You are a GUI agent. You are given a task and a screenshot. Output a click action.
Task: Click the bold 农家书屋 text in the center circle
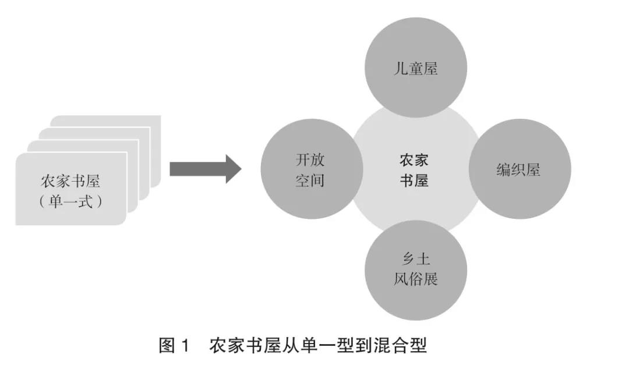(414, 170)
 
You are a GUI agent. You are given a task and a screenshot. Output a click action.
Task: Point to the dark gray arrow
(198, 169)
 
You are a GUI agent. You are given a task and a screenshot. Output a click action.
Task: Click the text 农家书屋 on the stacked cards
(70, 180)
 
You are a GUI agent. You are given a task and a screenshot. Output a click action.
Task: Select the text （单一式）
(70, 201)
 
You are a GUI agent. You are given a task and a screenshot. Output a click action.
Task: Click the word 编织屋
(518, 169)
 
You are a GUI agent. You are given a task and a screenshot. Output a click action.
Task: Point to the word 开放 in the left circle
(309, 160)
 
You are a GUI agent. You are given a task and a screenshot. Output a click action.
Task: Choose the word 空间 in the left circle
(309, 180)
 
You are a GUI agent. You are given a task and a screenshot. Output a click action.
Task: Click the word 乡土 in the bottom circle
(415, 258)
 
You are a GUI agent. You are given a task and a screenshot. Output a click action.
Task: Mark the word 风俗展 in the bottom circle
(415, 279)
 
